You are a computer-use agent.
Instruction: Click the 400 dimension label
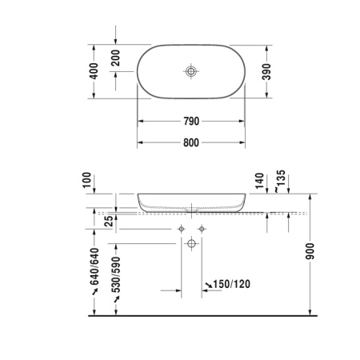pos(94,72)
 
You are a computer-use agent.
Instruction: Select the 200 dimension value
pos(116,58)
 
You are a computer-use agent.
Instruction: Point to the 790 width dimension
pos(190,121)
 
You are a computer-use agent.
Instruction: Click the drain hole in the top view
pos(190,72)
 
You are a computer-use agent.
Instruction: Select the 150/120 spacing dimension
pos(232,284)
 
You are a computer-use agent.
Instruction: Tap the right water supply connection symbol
pos(202,230)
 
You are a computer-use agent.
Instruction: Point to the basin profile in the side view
pos(190,202)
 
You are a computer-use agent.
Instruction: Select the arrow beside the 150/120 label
pos(209,285)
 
